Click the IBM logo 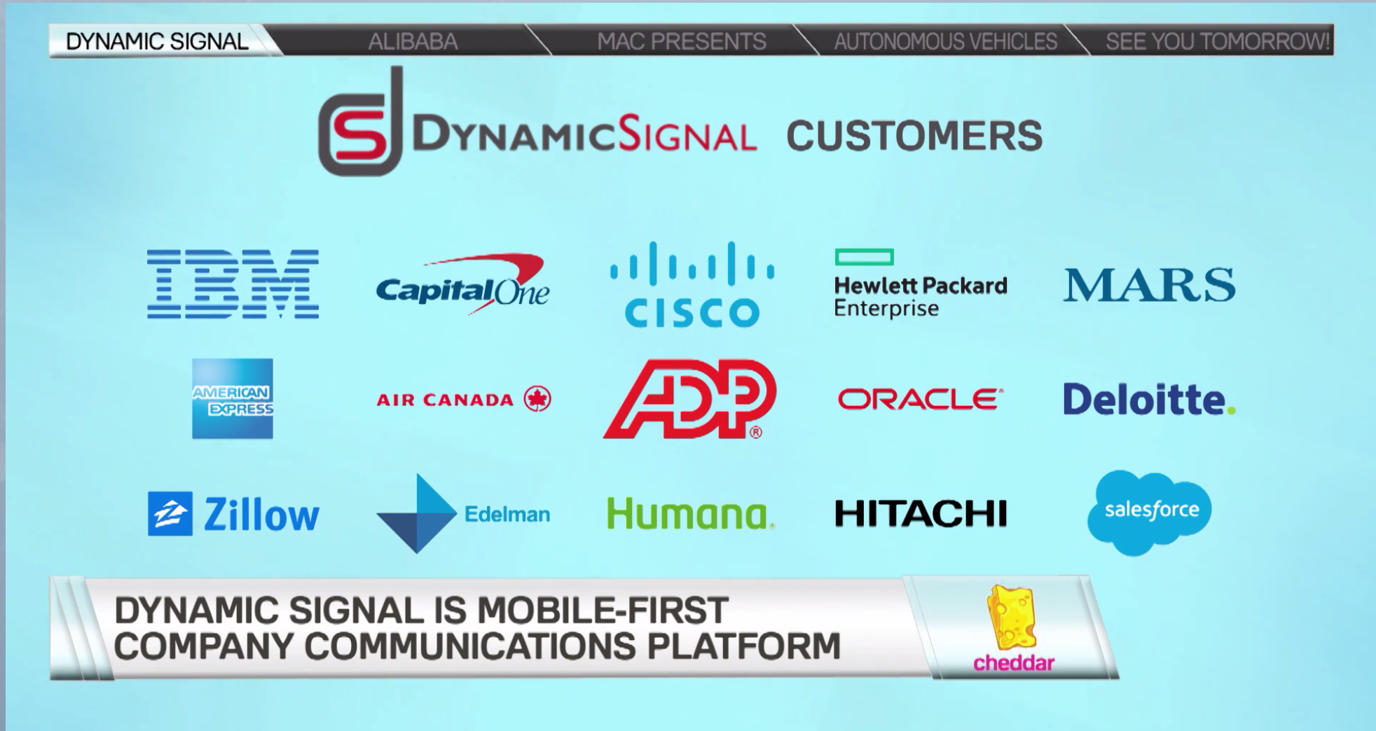233,284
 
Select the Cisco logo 692,284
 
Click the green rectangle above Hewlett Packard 864,257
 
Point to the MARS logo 1149,285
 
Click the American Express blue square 233,399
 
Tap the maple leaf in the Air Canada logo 537,399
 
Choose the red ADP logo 690,399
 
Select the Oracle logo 920,399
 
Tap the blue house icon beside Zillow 170,514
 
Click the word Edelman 507,515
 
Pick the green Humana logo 691,513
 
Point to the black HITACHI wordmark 921,513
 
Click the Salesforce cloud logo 1149,513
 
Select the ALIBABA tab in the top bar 413,41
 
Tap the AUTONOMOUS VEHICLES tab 945,41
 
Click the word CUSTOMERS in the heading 914,136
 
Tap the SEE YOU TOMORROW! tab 1218,41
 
